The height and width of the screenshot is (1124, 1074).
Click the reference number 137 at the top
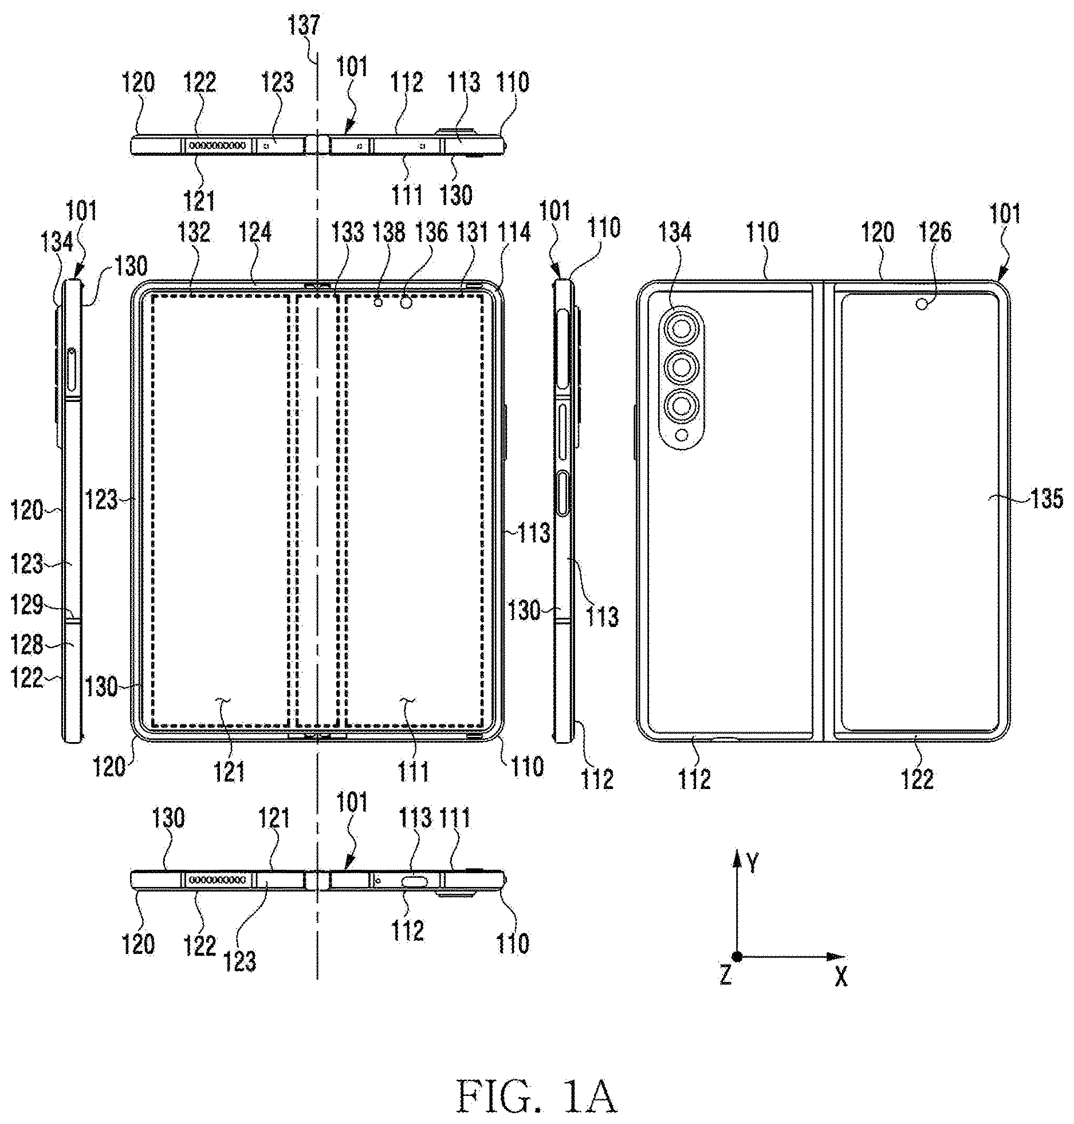pyautogui.click(x=305, y=26)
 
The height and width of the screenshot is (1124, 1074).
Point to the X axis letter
pyautogui.click(x=840, y=977)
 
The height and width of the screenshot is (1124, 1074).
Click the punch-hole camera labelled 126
pyautogui.click(x=922, y=305)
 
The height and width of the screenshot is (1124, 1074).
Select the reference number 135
pyautogui.click(x=1047, y=499)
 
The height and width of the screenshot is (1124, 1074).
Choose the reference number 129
pyautogui.click(x=27, y=605)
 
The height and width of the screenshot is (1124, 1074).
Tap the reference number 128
pyautogui.click(x=27, y=645)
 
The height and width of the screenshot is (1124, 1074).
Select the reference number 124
pyautogui.click(x=255, y=232)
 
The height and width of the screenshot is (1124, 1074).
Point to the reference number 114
pyautogui.click(x=515, y=232)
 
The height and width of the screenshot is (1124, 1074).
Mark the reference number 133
pyautogui.click(x=348, y=232)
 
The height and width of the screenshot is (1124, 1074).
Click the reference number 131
pyautogui.click(x=472, y=232)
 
